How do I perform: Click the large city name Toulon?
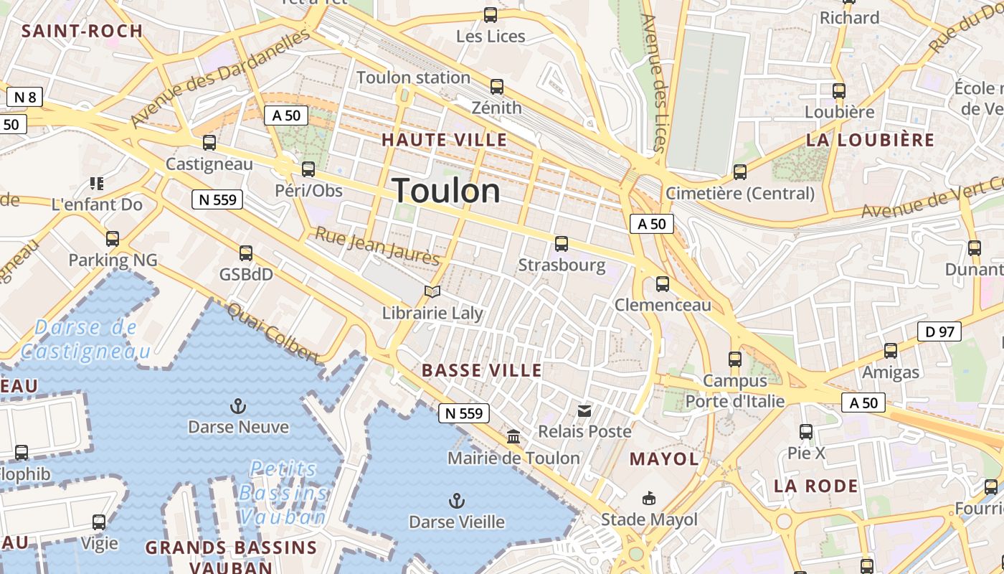coord(446,191)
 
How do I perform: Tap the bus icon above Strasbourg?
coord(562,244)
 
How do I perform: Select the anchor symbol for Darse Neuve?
coord(238,407)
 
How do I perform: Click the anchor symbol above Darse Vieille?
coord(456,501)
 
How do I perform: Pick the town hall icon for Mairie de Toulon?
coord(513,436)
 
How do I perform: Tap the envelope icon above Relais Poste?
coord(585,411)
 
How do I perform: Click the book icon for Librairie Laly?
coord(432,291)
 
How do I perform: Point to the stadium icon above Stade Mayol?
coord(649,498)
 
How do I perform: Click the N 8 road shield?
coord(24,97)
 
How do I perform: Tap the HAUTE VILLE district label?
coord(445,140)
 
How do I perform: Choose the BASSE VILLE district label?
coord(482,371)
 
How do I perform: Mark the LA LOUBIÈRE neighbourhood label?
coord(870,140)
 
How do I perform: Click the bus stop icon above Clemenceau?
coord(663,284)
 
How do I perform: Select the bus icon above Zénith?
coord(496,87)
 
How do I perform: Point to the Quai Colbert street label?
coord(273,333)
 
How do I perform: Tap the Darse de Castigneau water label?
coord(86,339)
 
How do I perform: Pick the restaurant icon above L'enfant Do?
coord(97,184)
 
